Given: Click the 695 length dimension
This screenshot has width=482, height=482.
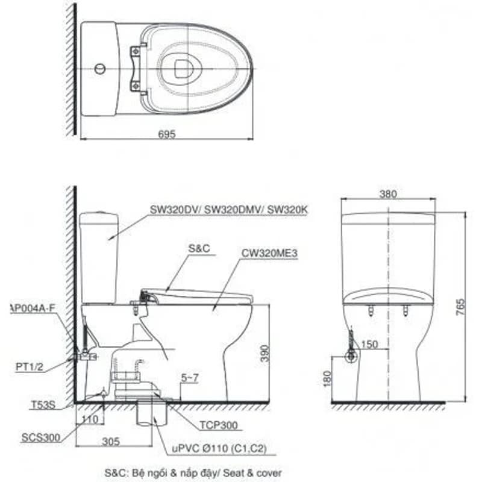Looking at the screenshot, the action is (167, 134).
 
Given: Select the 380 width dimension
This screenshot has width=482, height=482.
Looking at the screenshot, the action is (388, 194).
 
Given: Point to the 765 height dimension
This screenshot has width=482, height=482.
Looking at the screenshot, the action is (460, 307).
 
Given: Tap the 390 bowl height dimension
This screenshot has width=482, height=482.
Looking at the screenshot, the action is (264, 354).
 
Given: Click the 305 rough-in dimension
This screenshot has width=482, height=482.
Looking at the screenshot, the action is (111, 442).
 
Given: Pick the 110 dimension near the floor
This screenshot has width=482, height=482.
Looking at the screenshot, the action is (90, 419).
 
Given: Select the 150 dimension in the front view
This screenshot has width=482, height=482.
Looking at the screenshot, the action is (369, 344).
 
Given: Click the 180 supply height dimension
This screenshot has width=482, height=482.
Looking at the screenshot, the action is (328, 378).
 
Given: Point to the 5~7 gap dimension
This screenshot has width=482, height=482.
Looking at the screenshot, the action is (190, 378).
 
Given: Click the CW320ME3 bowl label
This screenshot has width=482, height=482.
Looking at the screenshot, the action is (269, 253).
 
